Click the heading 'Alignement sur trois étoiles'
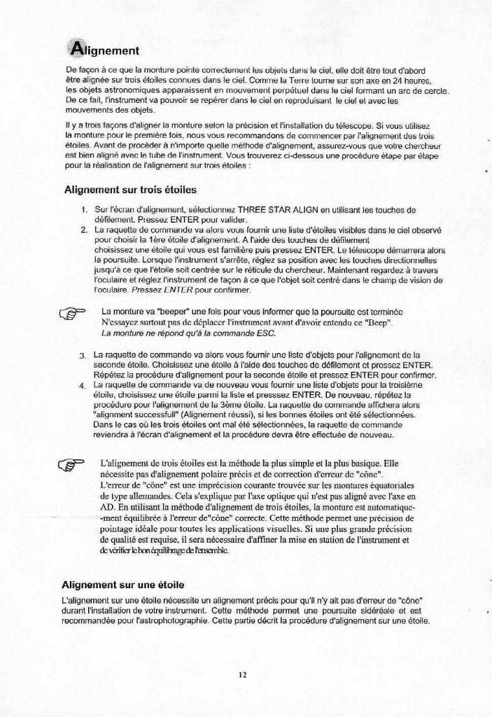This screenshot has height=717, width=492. [129, 190]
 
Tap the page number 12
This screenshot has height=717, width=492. [242, 675]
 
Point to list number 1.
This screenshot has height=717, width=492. [83, 209]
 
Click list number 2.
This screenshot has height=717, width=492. [83, 229]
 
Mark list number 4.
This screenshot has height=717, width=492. [83, 386]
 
